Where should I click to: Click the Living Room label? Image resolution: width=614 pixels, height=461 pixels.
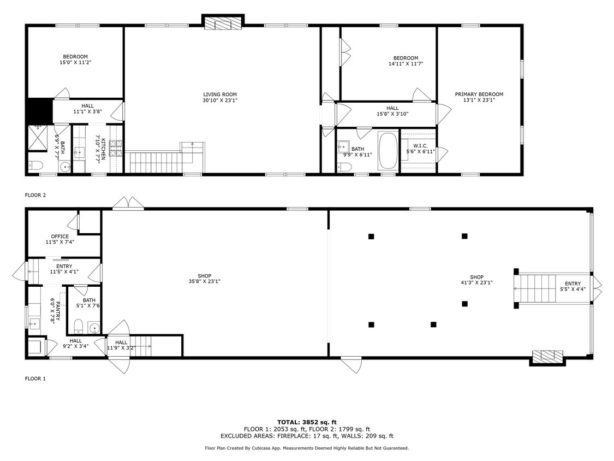pos(220,94)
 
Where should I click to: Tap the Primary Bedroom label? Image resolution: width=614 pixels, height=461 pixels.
pos(479,94)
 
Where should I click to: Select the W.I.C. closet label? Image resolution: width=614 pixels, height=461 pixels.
pos(420,146)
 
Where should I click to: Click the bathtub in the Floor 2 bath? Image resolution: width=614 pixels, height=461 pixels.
pos(388,151)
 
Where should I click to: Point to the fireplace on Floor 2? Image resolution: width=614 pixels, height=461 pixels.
pos(223,23)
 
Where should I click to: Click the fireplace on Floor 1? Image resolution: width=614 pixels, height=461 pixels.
pos(547,356)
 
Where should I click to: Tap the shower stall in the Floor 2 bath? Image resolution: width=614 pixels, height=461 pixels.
pos(38,138)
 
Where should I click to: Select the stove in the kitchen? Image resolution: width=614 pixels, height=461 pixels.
pos(116,148)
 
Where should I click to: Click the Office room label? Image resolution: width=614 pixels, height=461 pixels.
pos(60,237)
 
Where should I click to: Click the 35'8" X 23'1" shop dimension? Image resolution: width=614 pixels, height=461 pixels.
pos(205,281)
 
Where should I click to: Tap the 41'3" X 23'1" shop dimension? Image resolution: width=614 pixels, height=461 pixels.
pos(476,282)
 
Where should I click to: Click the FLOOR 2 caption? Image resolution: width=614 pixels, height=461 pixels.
pos(35,195)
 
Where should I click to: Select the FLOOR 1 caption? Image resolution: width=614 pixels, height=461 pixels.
pos(35,379)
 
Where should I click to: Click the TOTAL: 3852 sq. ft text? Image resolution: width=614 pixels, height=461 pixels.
pos(307,422)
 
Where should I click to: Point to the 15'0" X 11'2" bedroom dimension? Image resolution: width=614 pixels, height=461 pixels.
pos(75,62)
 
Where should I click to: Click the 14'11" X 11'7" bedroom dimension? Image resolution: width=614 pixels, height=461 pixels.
pos(406,63)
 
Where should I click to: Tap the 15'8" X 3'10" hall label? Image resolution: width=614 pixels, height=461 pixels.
pos(392,114)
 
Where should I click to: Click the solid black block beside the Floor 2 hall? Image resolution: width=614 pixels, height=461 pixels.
pos(40,110)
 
